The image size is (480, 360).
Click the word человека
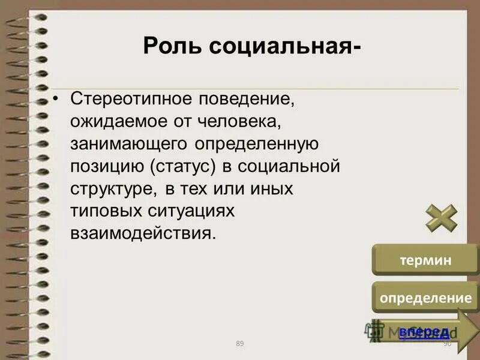tap(239, 121)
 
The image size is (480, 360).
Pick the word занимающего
tap(130, 144)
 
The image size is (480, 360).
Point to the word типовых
tap(105, 211)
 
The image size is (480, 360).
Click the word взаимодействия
tap(142, 233)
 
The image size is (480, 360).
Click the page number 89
tap(240, 343)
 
